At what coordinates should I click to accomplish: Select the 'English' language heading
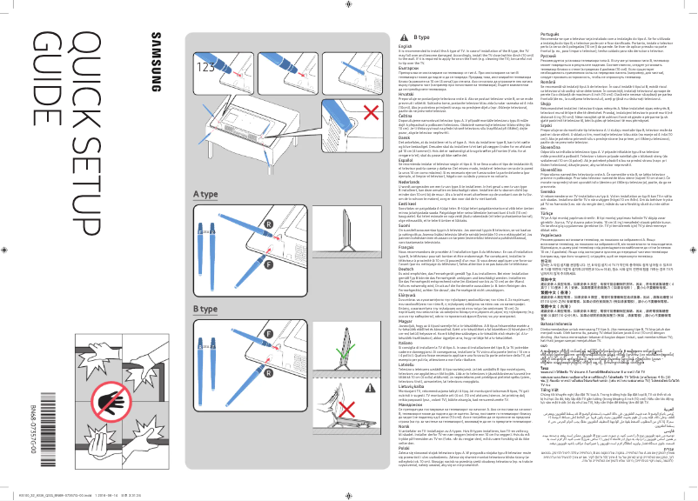coord(405,46)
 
